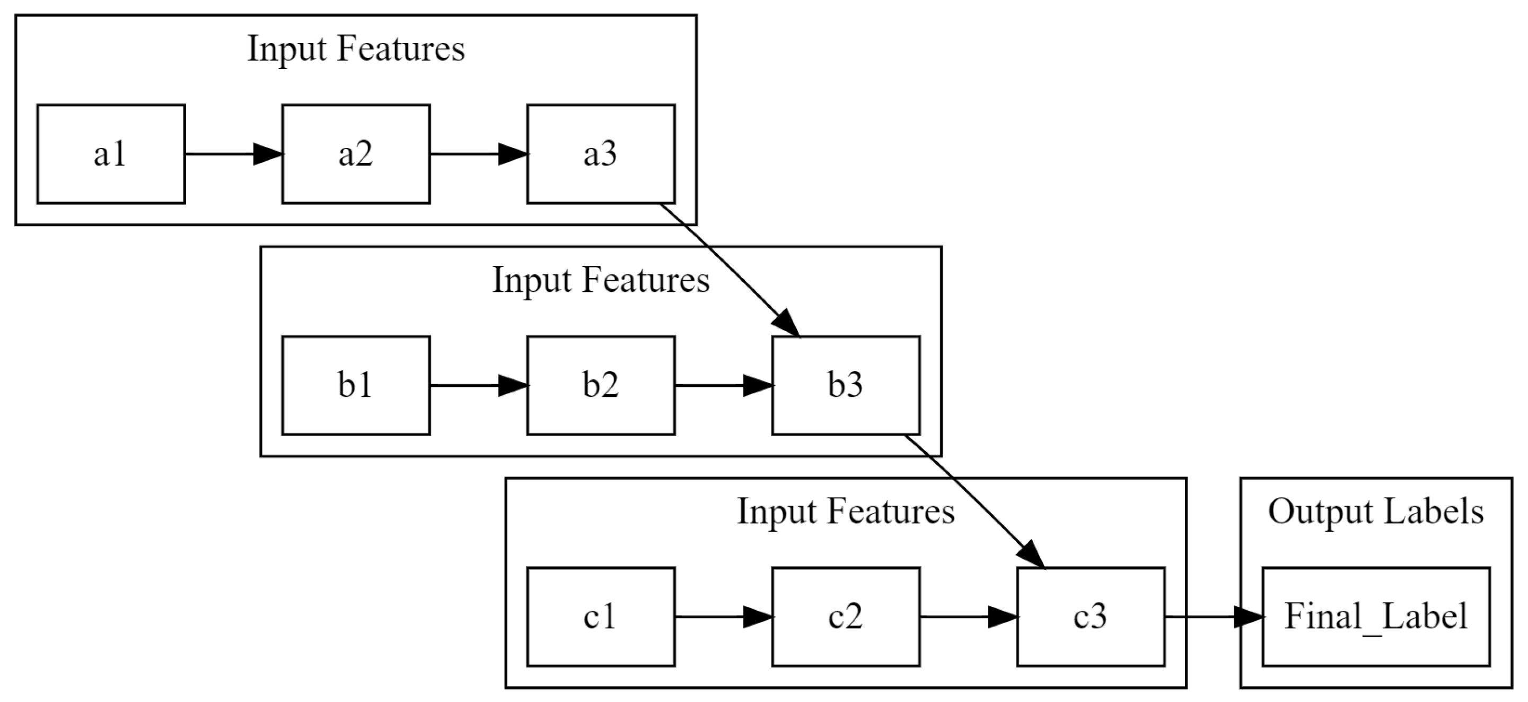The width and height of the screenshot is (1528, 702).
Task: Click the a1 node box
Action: coord(111,154)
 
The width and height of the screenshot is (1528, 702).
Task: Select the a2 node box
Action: coord(356,154)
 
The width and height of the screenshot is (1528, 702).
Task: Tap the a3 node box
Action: coord(601,154)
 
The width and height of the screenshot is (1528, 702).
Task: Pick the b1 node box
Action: coord(356,386)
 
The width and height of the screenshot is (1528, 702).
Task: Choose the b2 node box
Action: coord(601,386)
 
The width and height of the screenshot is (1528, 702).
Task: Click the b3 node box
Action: coord(846,386)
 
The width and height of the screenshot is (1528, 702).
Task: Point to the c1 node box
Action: coord(601,617)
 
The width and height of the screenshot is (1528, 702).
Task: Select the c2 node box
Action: coord(846,617)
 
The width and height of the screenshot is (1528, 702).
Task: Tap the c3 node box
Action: coord(1091,617)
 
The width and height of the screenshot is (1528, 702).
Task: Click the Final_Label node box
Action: coord(1376,617)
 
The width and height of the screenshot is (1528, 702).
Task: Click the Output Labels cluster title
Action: coord(1376,512)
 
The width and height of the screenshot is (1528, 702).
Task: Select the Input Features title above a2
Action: coord(356,49)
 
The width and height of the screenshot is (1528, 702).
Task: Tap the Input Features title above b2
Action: coord(601,280)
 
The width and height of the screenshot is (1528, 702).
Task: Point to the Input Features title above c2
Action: coord(846,512)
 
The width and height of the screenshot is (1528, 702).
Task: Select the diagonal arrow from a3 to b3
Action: coord(730,270)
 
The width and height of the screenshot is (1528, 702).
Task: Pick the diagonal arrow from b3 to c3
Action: coord(974,501)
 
